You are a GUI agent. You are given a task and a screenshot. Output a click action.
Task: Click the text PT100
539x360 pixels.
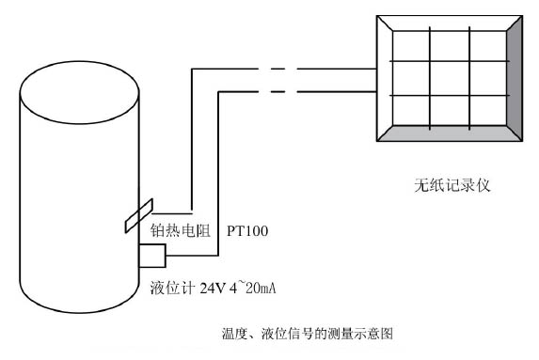coord(248,229)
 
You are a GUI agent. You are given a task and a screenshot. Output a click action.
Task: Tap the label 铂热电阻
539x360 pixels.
coord(182,229)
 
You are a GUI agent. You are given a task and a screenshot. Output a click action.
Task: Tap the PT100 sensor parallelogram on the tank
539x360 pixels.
coord(137,213)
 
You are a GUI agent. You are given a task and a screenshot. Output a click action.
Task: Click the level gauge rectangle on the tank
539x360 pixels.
coord(152,256)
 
